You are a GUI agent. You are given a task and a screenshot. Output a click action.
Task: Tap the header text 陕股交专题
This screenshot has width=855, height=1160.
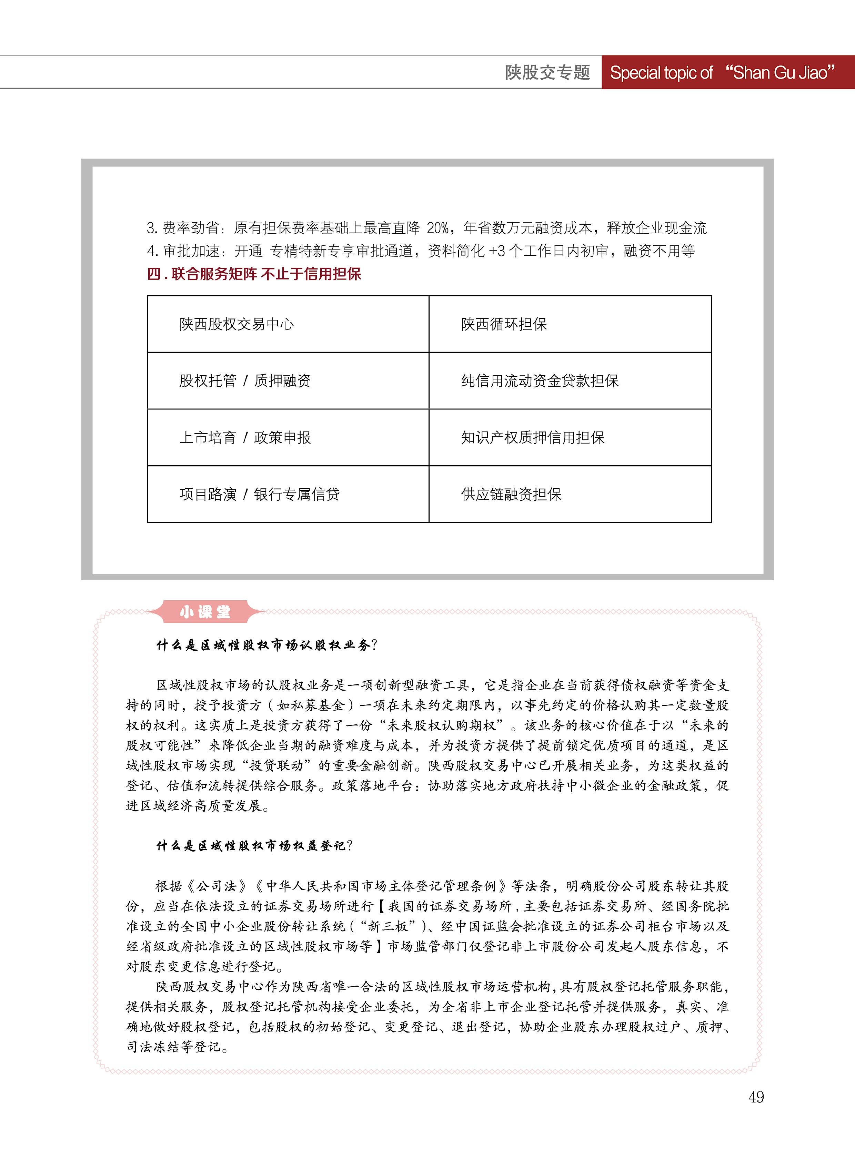point(547,72)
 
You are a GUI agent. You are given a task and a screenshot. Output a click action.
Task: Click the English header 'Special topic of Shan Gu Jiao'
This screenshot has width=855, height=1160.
point(722,72)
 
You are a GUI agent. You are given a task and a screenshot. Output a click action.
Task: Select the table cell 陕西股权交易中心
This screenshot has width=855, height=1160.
point(237,324)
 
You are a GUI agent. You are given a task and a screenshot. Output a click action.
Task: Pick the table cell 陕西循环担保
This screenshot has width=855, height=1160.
point(504,324)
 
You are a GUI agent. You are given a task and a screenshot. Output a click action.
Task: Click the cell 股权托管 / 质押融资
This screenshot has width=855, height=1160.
point(245,381)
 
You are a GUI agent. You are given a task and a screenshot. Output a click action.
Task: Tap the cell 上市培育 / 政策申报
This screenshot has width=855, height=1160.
point(245,438)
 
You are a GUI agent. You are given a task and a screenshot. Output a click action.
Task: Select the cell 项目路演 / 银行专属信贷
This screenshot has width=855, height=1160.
point(259,494)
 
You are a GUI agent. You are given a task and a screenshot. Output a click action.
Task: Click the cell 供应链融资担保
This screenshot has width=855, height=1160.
point(511,494)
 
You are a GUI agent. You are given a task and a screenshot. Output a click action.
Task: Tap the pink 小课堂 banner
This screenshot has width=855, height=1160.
point(205,612)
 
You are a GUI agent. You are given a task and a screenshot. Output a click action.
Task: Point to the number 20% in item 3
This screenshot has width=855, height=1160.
point(438,228)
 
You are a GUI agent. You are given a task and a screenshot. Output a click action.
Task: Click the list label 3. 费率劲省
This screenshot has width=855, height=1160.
point(184,228)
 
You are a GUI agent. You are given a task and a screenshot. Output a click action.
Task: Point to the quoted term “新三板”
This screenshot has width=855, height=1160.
point(388,926)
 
